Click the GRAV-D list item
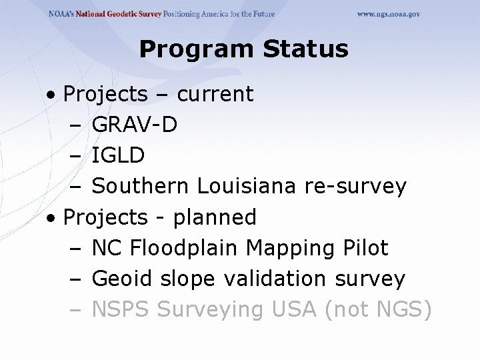134,125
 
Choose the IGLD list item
117,155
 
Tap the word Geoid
122,279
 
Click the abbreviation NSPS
123,309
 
